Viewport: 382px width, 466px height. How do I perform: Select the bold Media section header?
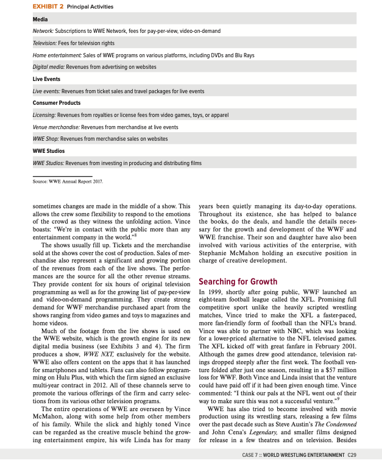[x=40, y=19]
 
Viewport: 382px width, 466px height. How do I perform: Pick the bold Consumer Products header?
[x=56, y=103]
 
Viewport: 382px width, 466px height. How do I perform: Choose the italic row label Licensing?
[x=44, y=115]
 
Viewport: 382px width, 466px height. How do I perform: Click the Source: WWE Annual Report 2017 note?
[x=67, y=182]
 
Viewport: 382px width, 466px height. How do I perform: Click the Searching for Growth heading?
[x=237, y=282]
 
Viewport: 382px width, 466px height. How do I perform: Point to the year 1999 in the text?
[x=215, y=292]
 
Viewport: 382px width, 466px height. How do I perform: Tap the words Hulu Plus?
[x=67, y=394]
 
